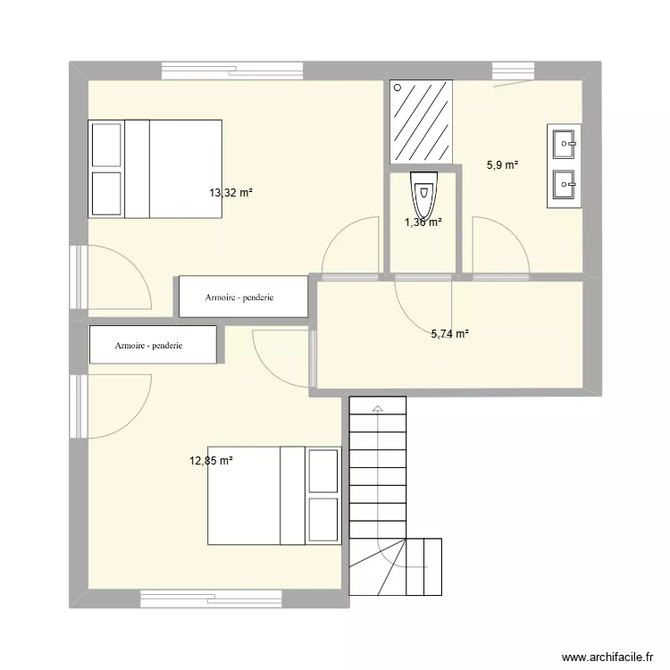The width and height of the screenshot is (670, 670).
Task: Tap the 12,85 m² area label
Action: [x=211, y=461]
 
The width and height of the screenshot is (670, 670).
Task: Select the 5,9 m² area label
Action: [x=502, y=164]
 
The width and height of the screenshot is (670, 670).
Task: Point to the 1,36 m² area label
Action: [x=423, y=223]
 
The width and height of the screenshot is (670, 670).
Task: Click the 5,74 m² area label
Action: [x=450, y=334]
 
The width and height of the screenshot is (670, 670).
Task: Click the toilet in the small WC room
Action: [x=423, y=191]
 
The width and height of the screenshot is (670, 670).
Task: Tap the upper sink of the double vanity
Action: [x=565, y=141]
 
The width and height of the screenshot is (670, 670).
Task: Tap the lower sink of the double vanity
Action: [x=565, y=186]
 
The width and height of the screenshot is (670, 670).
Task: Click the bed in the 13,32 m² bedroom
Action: [x=155, y=168]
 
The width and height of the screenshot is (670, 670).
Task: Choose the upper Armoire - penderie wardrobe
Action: [x=243, y=297]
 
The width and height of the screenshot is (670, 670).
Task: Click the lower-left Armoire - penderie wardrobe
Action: [x=153, y=345]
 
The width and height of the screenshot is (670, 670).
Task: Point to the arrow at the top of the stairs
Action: [x=377, y=409]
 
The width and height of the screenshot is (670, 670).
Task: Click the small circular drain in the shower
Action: [x=397, y=88]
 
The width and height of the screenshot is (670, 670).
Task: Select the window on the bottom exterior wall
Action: [x=211, y=598]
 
